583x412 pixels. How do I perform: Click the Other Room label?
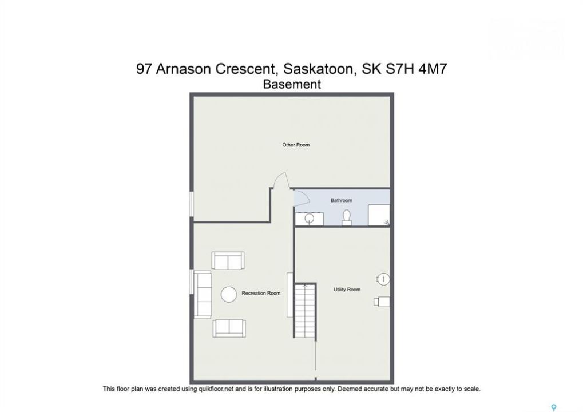pos(296,145)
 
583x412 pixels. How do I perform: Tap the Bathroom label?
pos(342,200)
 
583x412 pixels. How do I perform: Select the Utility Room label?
pos(347,290)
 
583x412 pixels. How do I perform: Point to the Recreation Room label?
pos(261,293)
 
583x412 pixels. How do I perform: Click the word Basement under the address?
pos(292,84)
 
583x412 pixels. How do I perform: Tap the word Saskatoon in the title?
pos(318,69)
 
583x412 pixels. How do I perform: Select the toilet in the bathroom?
pos(347,217)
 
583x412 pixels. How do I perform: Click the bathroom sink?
pos(310,218)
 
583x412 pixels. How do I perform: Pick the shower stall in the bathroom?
pos(379,215)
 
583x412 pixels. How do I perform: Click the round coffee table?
pos(229,295)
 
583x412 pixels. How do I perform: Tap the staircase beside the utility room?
pos(306,311)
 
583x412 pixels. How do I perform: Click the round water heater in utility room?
pos(383,279)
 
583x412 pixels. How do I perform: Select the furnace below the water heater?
pos(382,301)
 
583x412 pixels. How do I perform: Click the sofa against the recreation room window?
pos(203,295)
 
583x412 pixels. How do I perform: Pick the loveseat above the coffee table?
pos(228,260)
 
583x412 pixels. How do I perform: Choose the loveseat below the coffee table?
pos(229,328)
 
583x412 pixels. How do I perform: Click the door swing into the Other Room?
pos(280,180)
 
